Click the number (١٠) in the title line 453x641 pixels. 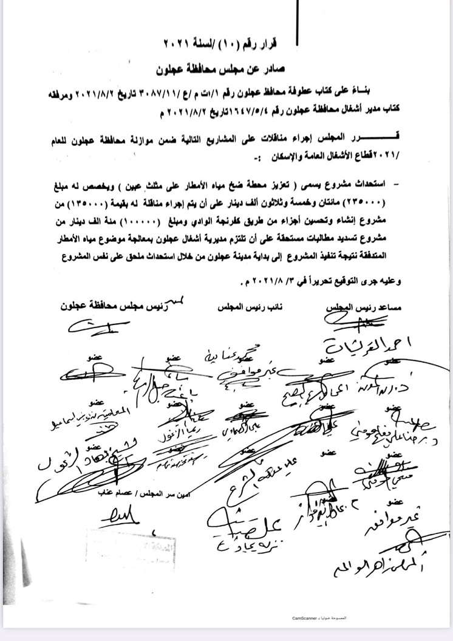(241, 44)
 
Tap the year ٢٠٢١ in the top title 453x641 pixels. (182, 44)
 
